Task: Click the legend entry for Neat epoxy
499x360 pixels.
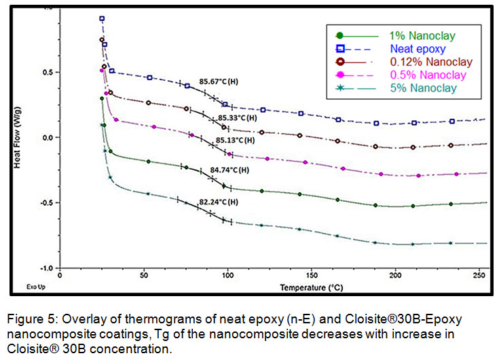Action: coord(418,49)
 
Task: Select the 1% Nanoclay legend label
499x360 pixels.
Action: coord(422,35)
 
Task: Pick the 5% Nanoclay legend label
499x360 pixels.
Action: coord(422,88)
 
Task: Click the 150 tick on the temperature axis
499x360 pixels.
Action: coord(311,276)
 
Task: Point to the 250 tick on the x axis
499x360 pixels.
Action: coord(478,276)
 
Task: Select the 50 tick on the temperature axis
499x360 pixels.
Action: coord(144,276)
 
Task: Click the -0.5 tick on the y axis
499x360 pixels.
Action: coord(46,202)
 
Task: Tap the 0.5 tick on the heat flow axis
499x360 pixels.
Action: coord(48,72)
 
